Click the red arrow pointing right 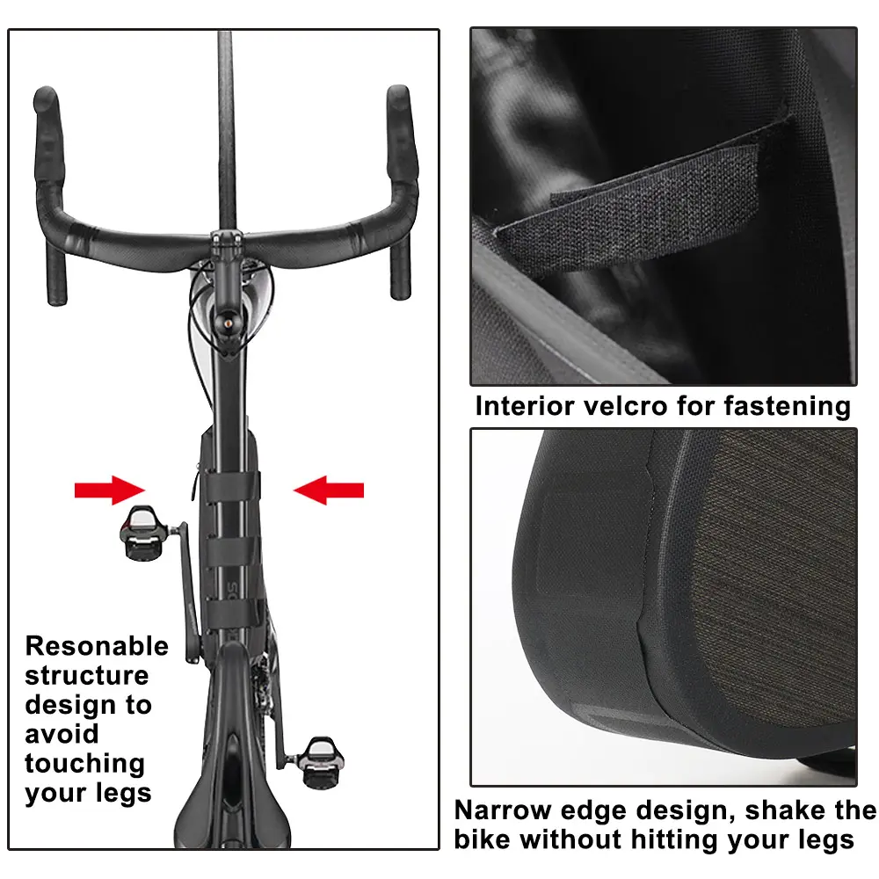click(109, 490)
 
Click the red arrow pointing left click(329, 490)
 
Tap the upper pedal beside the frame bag click(143, 532)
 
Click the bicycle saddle click(232, 796)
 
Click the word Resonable click(97, 646)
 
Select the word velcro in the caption click(626, 406)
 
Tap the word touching click(84, 764)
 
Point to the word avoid click(62, 734)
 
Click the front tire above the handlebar click(225, 130)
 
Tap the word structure click(87, 675)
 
